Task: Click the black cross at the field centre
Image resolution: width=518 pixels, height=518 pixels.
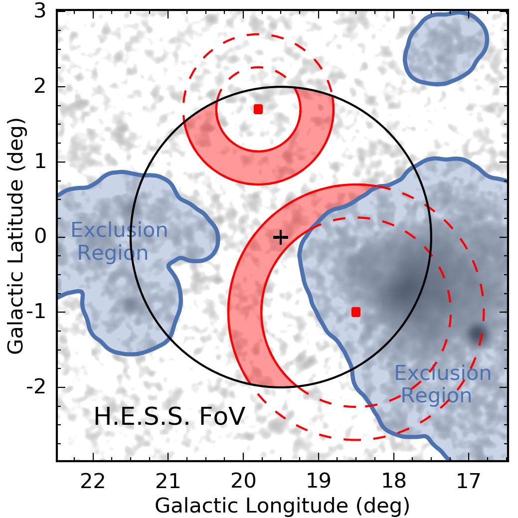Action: coord(281,237)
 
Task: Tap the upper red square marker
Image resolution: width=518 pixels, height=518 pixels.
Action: coord(258,109)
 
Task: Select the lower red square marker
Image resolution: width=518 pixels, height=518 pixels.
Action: coord(355,312)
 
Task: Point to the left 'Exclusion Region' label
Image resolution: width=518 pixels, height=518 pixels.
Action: coord(119,242)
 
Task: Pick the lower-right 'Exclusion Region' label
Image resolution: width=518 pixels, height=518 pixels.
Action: coord(443,384)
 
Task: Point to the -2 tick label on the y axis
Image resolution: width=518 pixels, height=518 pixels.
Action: coord(39,387)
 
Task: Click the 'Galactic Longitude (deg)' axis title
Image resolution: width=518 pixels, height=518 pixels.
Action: coord(282,505)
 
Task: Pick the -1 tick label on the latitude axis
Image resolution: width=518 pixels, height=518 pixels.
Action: coord(39,313)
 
